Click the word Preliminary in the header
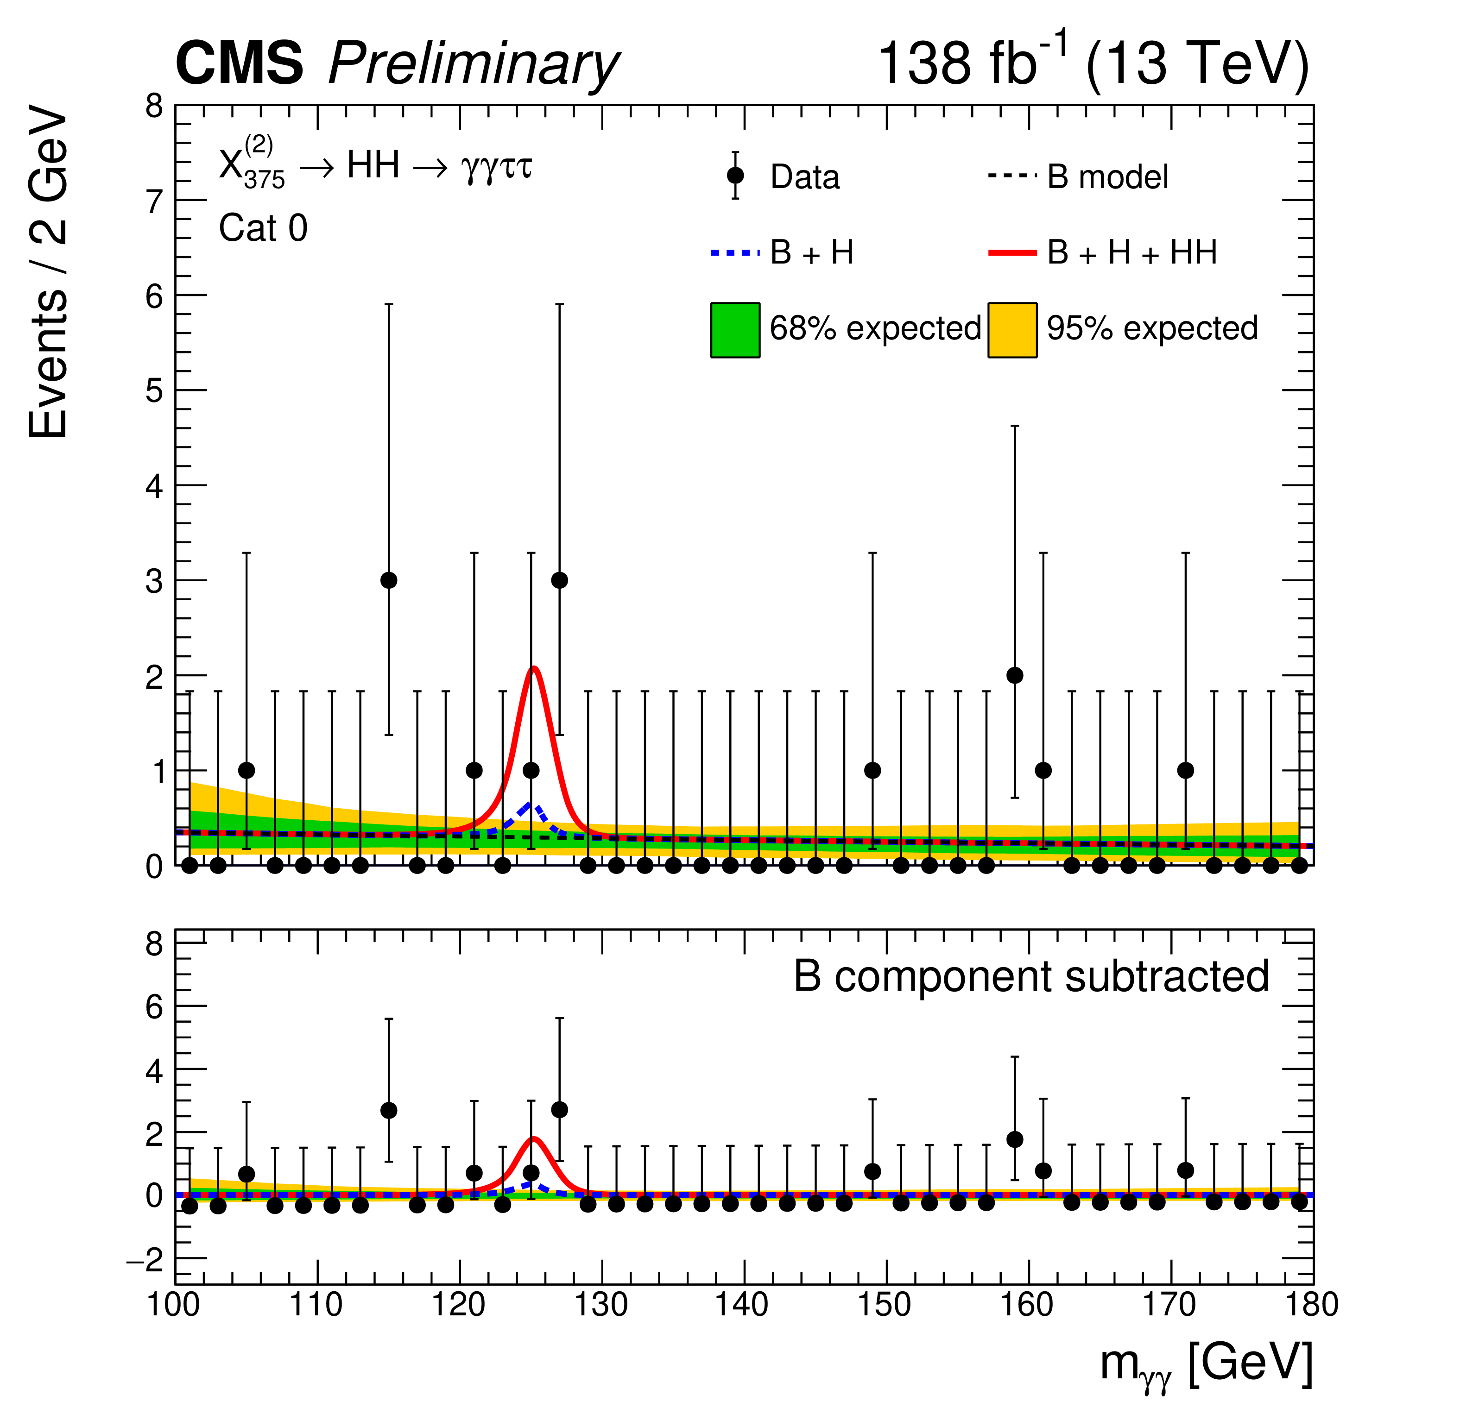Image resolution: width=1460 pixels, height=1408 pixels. (473, 64)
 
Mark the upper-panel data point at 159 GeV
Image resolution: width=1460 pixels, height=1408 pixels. (1015, 675)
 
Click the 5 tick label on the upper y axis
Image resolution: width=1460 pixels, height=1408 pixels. (154, 390)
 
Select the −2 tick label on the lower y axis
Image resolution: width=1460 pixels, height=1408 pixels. (145, 1261)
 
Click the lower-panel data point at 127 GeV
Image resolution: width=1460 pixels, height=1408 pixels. (559, 1109)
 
